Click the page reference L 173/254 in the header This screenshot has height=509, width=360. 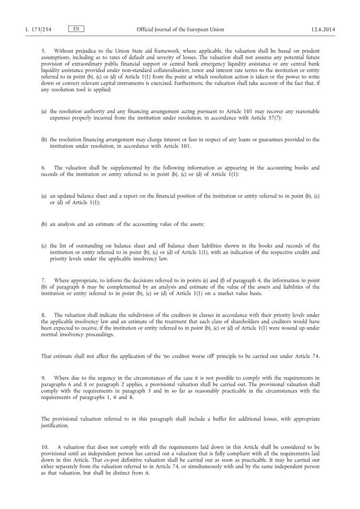[x=38, y=29]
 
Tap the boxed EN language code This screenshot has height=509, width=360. [x=76, y=29]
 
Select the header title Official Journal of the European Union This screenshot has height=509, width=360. [x=180, y=29]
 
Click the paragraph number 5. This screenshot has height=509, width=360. [x=43, y=51]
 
